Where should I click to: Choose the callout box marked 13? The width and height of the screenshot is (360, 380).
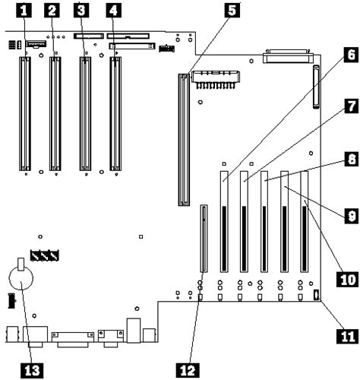coord(30,369)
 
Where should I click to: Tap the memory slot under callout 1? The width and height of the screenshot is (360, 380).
coord(24,112)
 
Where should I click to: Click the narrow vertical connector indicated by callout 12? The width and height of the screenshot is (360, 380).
coord(204,238)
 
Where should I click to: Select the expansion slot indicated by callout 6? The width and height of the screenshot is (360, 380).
coord(224,220)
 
